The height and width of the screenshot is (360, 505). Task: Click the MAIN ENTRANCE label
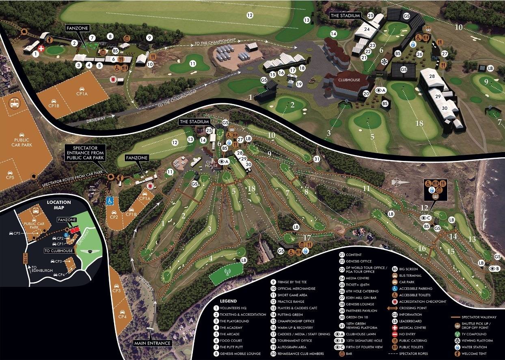tap(152, 343)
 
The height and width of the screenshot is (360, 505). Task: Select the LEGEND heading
tap(228, 301)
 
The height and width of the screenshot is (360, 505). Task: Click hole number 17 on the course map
tap(307, 238)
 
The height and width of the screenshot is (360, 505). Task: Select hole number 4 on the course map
tap(211, 257)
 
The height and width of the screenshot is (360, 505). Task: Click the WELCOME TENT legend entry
tap(477, 353)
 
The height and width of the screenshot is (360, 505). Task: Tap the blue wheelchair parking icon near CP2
tap(110, 201)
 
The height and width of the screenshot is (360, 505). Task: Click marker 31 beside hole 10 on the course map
tap(317, 159)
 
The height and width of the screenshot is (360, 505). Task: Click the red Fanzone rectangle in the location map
tap(74, 230)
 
